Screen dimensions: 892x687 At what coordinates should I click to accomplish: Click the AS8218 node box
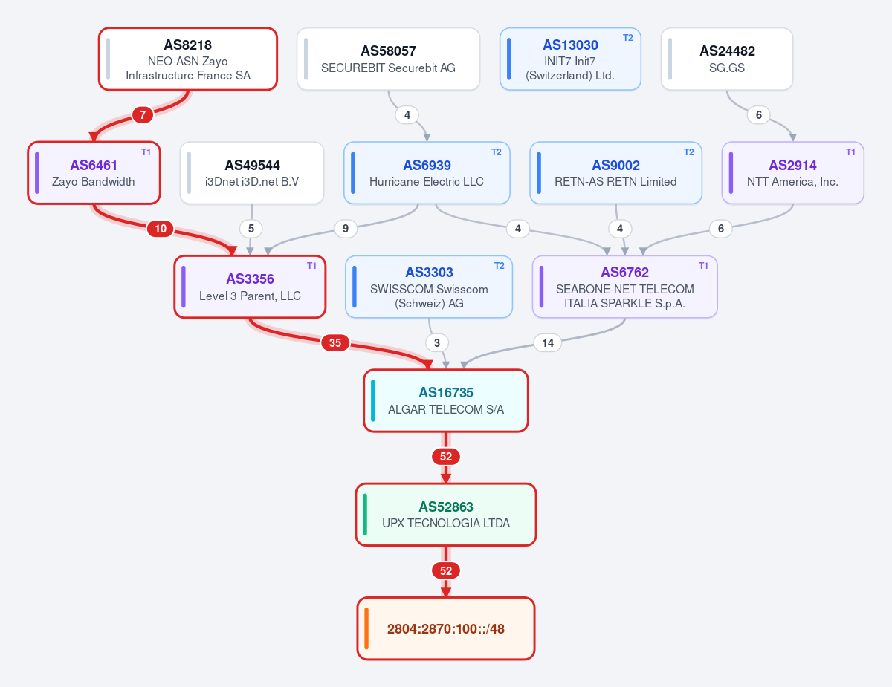coord(188,59)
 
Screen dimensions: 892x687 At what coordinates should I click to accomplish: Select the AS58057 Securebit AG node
coord(388,59)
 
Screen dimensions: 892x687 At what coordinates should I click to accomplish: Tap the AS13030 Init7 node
coord(570,59)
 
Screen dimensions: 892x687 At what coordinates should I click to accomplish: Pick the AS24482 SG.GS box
coord(726,59)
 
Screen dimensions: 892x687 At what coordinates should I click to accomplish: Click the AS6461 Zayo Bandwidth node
coord(94,172)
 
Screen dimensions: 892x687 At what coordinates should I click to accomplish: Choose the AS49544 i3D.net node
coord(252,172)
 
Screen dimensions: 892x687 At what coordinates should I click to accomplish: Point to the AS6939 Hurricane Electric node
coord(427,172)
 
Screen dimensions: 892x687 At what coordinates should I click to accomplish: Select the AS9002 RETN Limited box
coord(615,172)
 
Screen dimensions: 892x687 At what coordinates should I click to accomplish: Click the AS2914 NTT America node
coord(792,172)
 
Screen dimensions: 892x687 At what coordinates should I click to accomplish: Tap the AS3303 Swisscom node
coord(429,287)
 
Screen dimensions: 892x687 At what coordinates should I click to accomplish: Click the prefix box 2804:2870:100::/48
coord(446,628)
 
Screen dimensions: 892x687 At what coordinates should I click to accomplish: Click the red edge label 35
coord(335,343)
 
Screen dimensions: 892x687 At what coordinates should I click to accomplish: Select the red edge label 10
coord(161,229)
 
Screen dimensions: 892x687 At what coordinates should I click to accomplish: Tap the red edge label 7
coord(143,115)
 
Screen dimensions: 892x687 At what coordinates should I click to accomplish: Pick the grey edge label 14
coord(548,343)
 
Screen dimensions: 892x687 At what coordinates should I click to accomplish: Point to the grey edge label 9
coord(346,229)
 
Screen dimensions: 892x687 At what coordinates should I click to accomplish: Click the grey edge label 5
coord(251,229)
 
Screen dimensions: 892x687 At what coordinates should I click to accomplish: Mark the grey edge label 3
coord(437,343)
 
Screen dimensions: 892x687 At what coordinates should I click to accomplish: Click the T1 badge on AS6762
coord(704,266)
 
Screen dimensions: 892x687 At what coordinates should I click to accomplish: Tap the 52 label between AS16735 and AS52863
coord(446,457)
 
